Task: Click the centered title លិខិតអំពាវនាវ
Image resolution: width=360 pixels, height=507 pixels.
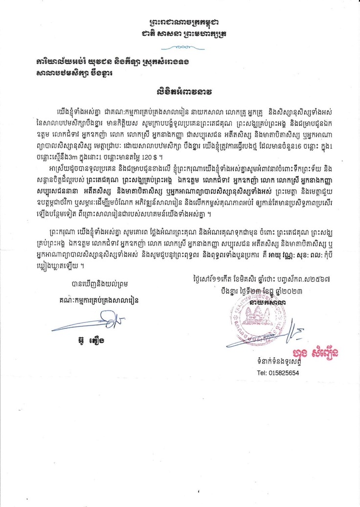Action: click(x=180, y=92)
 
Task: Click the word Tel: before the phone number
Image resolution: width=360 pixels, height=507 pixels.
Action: click(x=262, y=372)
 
